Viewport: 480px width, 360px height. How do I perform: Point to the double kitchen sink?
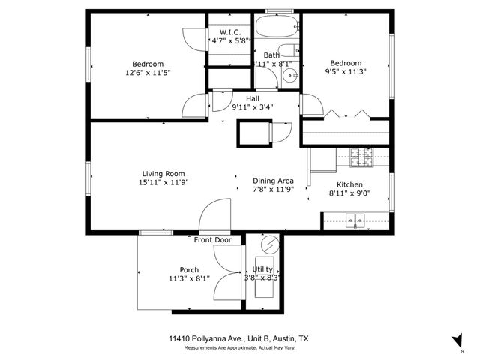pyautogui.click(x=355, y=220)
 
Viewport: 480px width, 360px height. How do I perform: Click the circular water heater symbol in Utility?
pyautogui.click(x=268, y=244)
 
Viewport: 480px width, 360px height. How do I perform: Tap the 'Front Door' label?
pyautogui.click(x=213, y=240)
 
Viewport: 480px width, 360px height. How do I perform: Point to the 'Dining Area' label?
pyautogui.click(x=273, y=181)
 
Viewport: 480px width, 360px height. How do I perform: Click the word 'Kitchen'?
pyautogui.click(x=349, y=184)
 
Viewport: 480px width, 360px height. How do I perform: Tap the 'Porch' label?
pyautogui.click(x=189, y=270)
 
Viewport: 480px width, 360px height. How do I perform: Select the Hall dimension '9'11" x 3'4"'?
pyautogui.click(x=253, y=107)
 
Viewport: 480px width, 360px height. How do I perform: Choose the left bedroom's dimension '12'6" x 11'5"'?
pyautogui.click(x=148, y=74)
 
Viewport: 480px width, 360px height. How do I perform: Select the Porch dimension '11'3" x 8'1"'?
pyautogui.click(x=189, y=279)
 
